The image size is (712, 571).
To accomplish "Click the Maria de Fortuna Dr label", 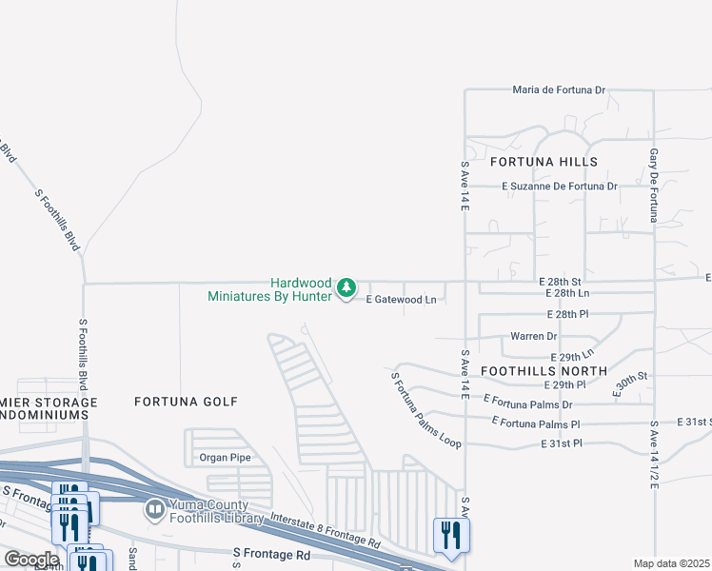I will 559,90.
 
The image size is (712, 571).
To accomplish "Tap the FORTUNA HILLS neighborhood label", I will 544,163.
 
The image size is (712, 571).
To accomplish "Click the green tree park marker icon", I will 347,286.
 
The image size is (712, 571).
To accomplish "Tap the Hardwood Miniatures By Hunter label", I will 270,289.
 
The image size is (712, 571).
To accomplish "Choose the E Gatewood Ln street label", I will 402,300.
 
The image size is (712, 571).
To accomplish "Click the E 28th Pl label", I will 568,314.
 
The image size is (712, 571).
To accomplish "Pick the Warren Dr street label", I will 533,337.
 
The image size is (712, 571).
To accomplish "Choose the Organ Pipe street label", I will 223,456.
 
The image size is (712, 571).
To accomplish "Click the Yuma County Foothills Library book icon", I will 154,511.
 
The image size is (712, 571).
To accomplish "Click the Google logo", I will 32,560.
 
